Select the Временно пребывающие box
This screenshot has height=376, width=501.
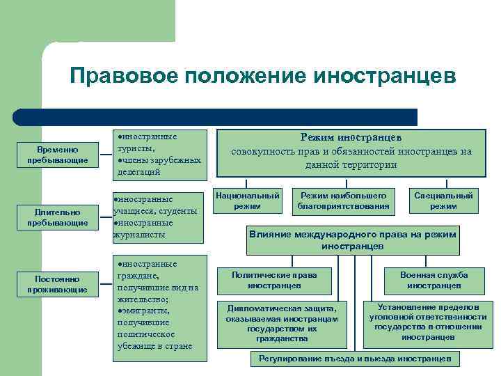[58, 155]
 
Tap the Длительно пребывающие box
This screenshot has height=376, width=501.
[58, 217]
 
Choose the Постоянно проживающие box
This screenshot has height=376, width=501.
[58, 283]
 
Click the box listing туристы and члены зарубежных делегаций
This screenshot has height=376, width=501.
[160, 154]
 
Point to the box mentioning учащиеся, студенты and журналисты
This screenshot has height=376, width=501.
[159, 217]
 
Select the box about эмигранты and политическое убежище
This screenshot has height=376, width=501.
[160, 307]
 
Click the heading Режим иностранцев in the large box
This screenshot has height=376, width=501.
[351, 139]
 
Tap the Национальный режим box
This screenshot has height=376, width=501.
[248, 201]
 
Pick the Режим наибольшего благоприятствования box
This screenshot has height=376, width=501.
[343, 201]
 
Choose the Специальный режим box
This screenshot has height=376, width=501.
[443, 201]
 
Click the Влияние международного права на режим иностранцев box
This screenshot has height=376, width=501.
[352, 240]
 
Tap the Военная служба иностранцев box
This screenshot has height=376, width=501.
[434, 280]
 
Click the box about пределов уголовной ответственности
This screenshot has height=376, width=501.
[428, 322]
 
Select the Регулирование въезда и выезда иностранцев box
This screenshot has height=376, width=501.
[355, 359]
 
